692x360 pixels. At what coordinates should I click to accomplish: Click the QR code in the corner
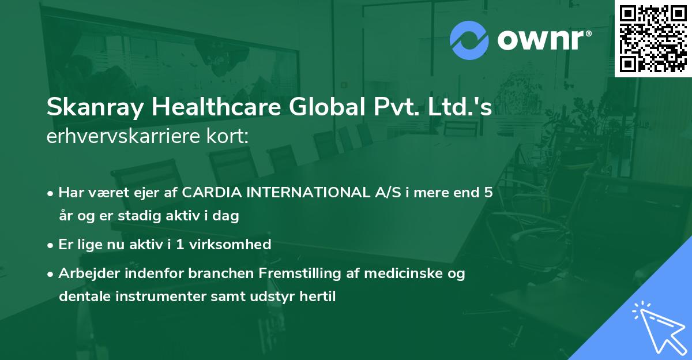(653, 38)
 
